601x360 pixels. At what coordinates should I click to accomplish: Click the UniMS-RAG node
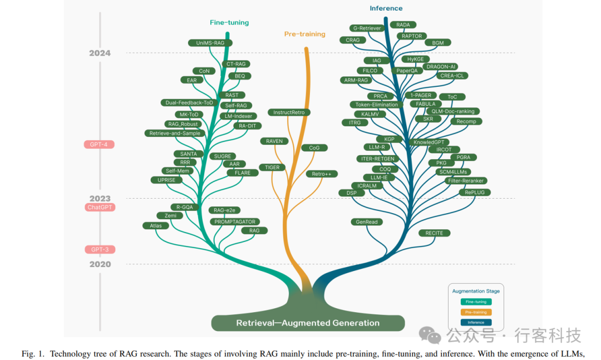click(x=210, y=43)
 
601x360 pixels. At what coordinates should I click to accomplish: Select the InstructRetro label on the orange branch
click(x=289, y=112)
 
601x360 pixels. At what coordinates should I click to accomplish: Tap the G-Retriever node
click(x=367, y=28)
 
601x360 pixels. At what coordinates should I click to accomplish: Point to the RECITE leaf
click(x=434, y=233)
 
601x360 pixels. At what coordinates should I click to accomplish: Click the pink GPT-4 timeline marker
click(x=99, y=145)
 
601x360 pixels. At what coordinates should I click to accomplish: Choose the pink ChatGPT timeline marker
click(x=100, y=208)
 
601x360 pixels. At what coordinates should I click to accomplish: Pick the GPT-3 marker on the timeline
click(x=100, y=250)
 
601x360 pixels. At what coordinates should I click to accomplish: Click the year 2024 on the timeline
click(x=100, y=53)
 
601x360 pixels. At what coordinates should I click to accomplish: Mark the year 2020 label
click(x=100, y=264)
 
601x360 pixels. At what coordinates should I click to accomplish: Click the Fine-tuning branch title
click(x=229, y=23)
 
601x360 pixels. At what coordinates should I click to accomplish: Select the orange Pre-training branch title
click(x=305, y=34)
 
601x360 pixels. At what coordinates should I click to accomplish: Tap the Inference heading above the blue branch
click(x=386, y=8)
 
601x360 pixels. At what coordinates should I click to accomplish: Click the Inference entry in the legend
click(x=476, y=322)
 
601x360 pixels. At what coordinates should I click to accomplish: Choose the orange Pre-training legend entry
click(x=476, y=312)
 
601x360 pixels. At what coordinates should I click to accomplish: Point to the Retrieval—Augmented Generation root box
click(x=308, y=323)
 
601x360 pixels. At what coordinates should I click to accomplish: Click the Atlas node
click(x=156, y=226)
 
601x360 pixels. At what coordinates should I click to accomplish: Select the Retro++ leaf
click(x=322, y=174)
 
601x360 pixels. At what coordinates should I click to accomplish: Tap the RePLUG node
click(x=475, y=193)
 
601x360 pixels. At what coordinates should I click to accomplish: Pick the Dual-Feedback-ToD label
click(x=189, y=103)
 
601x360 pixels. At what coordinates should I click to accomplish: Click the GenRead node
click(x=366, y=222)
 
